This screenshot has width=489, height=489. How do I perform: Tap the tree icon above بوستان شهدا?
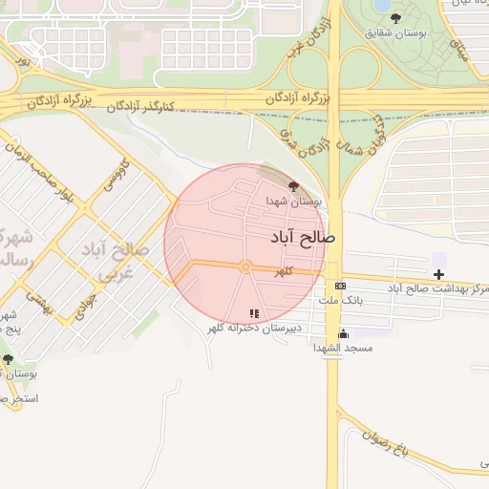(291, 186)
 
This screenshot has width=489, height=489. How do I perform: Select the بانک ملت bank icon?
(340, 286)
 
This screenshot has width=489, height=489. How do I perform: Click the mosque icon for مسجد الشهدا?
(344, 334)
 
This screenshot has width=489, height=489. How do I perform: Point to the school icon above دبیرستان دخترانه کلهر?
(254, 313)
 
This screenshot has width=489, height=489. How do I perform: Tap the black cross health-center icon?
(438, 275)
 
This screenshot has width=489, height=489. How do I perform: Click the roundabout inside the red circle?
(245, 266)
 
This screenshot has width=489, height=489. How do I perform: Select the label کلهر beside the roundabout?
(283, 272)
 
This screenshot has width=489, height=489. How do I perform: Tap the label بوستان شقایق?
(396, 34)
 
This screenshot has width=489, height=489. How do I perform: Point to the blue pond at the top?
(383, 5)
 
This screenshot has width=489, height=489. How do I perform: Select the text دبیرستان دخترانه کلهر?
(255, 328)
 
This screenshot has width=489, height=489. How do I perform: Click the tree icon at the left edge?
(9, 359)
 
